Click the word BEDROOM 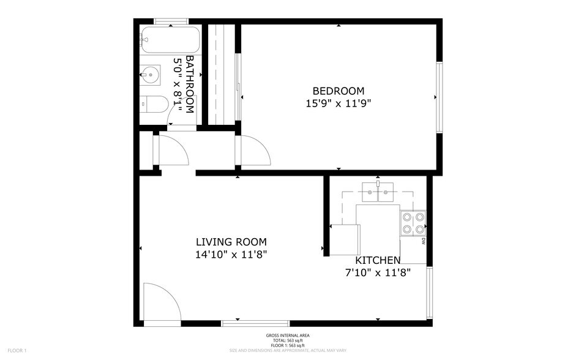[x=338, y=91]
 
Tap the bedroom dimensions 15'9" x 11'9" [x=338, y=103]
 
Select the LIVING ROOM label [x=231, y=242]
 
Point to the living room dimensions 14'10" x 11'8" [x=231, y=254]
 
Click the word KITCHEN [x=377, y=261]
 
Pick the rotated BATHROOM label [x=189, y=84]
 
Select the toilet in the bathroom [x=153, y=105]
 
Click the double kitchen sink [x=378, y=192]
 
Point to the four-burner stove [x=413, y=223]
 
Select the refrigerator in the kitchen [x=345, y=239]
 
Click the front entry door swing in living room [x=160, y=302]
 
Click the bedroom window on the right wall [x=438, y=97]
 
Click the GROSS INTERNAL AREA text [x=288, y=336]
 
